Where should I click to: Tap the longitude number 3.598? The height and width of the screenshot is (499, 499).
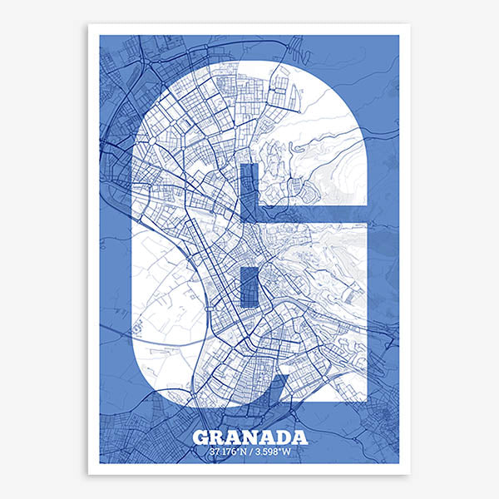274,452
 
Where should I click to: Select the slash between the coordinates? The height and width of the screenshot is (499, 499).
249,452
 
